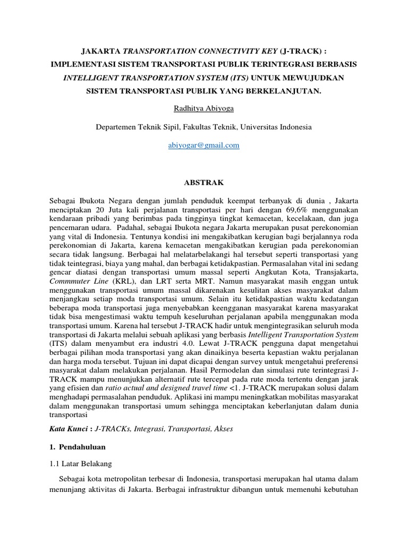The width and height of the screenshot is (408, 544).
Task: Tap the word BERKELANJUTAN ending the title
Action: pyautogui.click(x=284, y=91)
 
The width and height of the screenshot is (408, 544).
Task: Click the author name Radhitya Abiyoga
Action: pyautogui.click(x=204, y=109)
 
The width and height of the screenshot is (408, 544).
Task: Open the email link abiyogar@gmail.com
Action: pyautogui.click(x=204, y=145)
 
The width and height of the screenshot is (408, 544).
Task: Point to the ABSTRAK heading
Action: pyautogui.click(x=204, y=182)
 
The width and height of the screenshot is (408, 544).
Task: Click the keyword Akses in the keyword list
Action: pyautogui.click(x=223, y=428)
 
